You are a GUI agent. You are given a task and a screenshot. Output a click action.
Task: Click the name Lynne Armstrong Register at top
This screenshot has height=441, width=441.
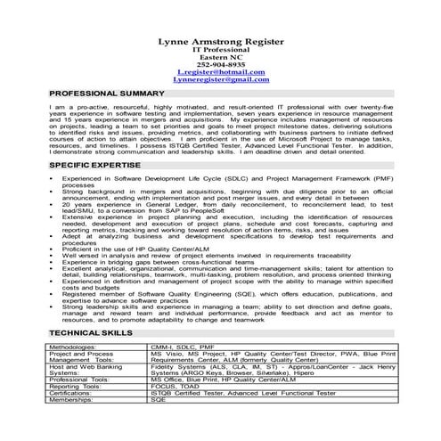coord(220,41)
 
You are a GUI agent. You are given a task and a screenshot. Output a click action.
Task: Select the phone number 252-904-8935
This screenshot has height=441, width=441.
coord(220,65)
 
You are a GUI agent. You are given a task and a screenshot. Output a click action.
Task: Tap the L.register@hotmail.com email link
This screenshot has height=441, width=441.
coord(220,72)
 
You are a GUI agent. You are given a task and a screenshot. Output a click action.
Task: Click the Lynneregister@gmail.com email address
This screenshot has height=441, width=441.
coord(220,80)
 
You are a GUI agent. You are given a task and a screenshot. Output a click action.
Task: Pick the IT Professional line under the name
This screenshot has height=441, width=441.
coord(220,50)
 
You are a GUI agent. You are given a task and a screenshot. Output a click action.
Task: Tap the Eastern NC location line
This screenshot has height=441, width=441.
coord(220,57)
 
